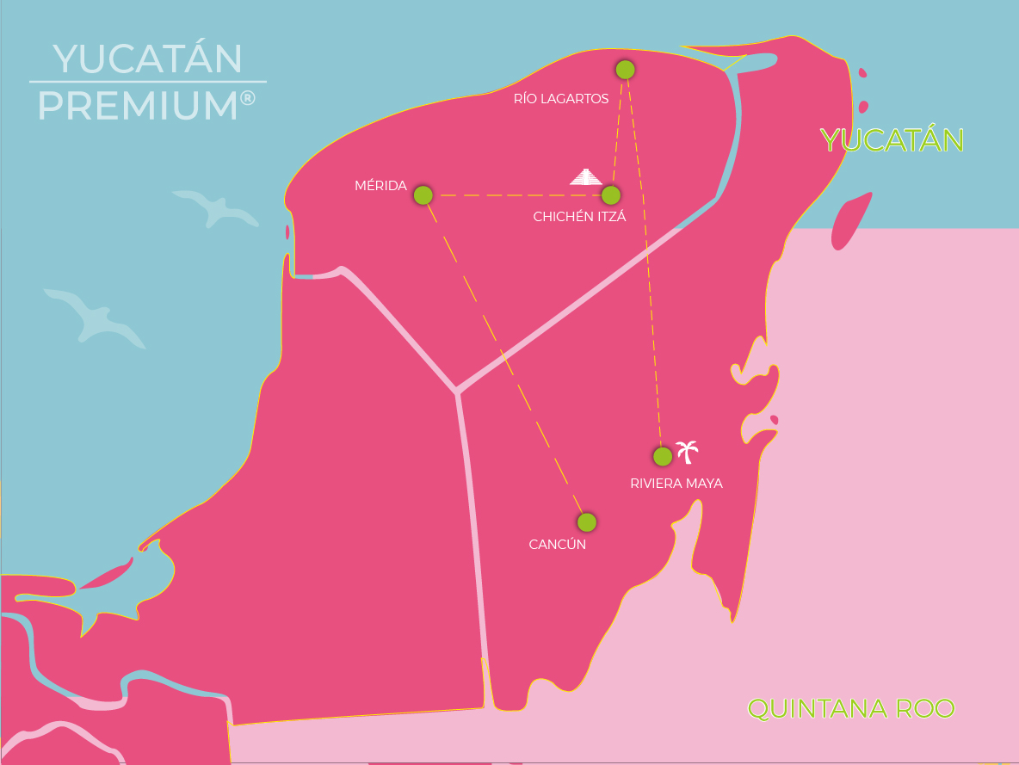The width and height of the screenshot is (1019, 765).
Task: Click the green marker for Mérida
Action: point(423,195)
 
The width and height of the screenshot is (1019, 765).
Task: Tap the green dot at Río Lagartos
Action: point(626,70)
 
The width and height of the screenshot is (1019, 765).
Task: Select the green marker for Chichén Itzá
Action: point(611,195)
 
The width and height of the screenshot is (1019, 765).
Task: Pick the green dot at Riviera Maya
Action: point(663,456)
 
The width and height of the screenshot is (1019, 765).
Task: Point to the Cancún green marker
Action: point(587,522)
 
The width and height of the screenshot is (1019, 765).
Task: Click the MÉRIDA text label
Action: point(380,186)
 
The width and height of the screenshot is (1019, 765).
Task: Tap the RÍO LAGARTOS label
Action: point(561,99)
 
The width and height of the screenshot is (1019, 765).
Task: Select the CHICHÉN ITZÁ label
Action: point(579,217)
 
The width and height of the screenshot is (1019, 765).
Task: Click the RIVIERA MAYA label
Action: point(676,484)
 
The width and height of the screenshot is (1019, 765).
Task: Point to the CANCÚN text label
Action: point(557,545)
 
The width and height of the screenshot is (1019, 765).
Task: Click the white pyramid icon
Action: point(586,177)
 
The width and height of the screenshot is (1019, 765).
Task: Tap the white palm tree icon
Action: point(687,450)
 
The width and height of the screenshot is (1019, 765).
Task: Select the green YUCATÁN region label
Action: point(892,140)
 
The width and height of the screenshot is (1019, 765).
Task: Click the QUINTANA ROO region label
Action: point(851,709)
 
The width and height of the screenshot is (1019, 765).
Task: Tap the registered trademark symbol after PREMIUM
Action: point(248,98)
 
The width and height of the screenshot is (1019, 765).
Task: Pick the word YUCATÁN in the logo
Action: point(147,59)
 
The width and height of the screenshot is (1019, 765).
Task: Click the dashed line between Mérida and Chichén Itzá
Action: point(516,195)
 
